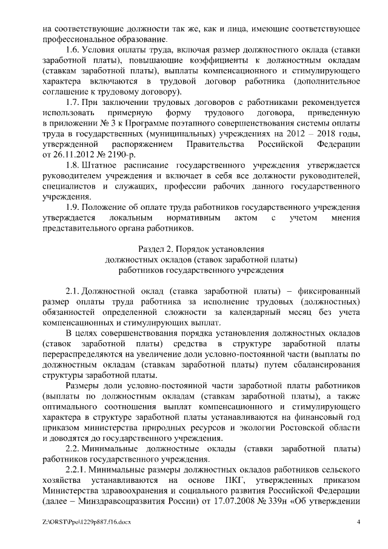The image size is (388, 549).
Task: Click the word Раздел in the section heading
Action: [x=151, y=249]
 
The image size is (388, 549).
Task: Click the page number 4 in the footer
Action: [x=359, y=522]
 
